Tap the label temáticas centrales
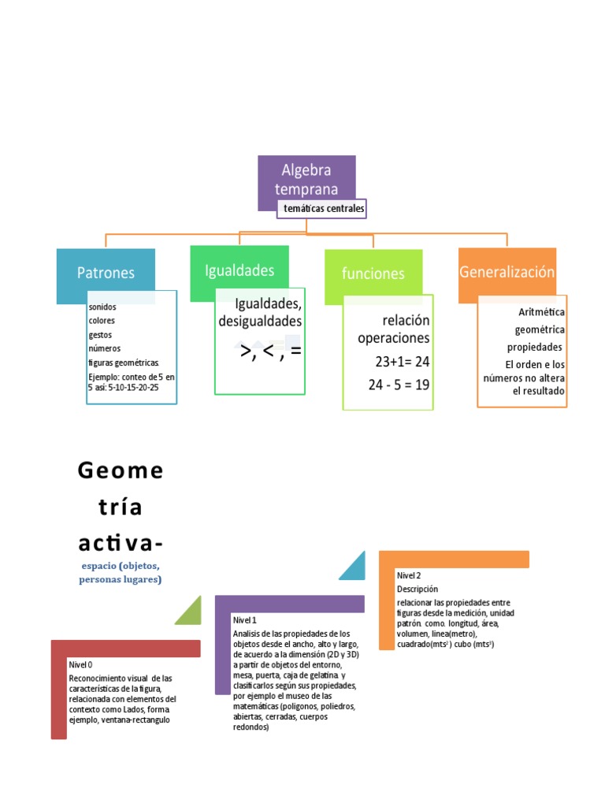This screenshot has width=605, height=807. click(321, 209)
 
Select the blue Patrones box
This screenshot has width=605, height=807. click(106, 274)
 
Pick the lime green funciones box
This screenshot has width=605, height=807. click(373, 273)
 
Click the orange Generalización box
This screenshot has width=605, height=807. click(507, 273)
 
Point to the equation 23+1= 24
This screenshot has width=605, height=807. click(402, 362)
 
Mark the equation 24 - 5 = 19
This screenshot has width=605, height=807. click(399, 385)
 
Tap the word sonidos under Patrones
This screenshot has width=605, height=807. click(102, 307)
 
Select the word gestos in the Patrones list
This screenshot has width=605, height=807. click(100, 334)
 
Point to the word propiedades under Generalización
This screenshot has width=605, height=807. click(534, 347)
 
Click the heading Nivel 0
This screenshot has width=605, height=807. click(80, 664)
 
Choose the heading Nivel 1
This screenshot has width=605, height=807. click(245, 620)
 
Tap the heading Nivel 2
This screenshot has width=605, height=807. click(409, 575)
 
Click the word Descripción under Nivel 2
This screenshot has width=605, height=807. click(417, 589)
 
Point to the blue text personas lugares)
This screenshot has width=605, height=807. click(120, 579)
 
